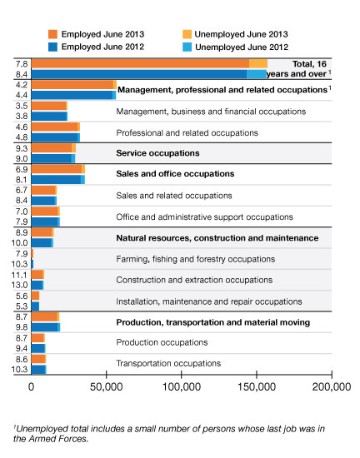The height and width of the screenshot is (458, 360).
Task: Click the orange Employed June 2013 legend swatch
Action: pos(52,34)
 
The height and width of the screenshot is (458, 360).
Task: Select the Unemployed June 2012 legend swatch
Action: pos(187,47)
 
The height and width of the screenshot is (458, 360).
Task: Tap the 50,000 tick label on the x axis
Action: pos(106,386)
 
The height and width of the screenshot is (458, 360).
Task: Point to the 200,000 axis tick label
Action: pos(332,386)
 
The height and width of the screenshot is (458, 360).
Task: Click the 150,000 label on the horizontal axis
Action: pos(257,386)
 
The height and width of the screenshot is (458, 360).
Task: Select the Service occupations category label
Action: pos(157,153)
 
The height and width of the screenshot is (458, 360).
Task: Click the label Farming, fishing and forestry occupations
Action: pos(196,259)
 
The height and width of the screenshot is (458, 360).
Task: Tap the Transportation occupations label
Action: pos(168,363)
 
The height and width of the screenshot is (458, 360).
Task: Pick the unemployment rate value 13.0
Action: pos(19,285)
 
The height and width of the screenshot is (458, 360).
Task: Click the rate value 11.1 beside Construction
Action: pos(19,275)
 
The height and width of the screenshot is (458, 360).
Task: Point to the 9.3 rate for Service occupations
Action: pos(22,148)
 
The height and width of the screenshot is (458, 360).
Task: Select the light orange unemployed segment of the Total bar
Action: pos(258,63)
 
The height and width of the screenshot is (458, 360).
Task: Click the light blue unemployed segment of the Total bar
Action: pos(257,74)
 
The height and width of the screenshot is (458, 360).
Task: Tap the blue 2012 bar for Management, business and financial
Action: pos(49,117)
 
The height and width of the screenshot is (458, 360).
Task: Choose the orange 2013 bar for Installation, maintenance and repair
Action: pos(35,296)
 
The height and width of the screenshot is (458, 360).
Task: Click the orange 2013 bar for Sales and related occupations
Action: pos(44,191)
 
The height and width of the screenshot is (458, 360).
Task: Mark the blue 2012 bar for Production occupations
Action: pos(38,348)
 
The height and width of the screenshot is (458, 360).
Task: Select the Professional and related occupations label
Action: pos(187,133)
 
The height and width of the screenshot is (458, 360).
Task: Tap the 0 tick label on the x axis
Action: pos(32,386)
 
